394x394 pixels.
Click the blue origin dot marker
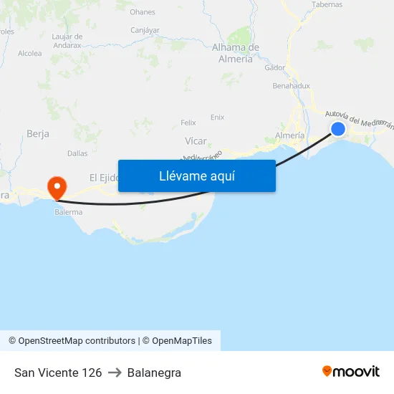[x=338, y=129]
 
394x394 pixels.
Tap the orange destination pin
[x=57, y=188]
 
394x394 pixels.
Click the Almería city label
[x=289, y=135]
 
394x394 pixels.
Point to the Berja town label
[x=37, y=133]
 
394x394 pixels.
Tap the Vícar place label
[x=196, y=141]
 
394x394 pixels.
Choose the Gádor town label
[x=274, y=68]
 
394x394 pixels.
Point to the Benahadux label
[x=292, y=86]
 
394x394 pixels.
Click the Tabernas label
[x=327, y=4]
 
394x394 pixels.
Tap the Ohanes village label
[x=143, y=12]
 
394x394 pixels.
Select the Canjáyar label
[x=145, y=30]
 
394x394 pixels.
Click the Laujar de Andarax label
[x=68, y=41]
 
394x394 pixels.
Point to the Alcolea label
[x=30, y=53]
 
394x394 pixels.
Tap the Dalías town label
[x=77, y=153]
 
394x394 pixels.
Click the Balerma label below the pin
[x=68, y=212]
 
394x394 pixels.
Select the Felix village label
[x=188, y=122]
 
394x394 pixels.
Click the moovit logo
[x=351, y=372]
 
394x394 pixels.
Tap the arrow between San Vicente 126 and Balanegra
[x=115, y=373]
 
